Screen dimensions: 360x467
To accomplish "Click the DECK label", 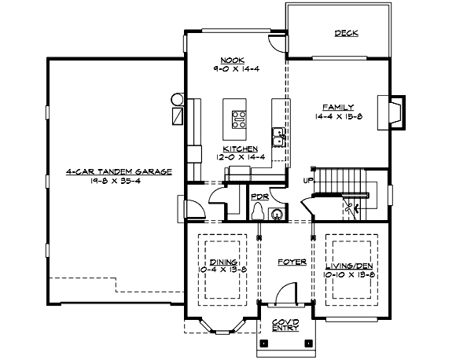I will click(x=346, y=33).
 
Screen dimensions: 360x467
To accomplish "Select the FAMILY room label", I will click(x=339, y=106).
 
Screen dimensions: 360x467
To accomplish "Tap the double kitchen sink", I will click(x=278, y=137).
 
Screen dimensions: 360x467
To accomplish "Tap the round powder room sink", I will click(x=278, y=212).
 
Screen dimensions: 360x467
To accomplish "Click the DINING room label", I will click(x=223, y=263).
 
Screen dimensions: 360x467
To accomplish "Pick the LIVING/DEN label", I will click(x=347, y=267).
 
